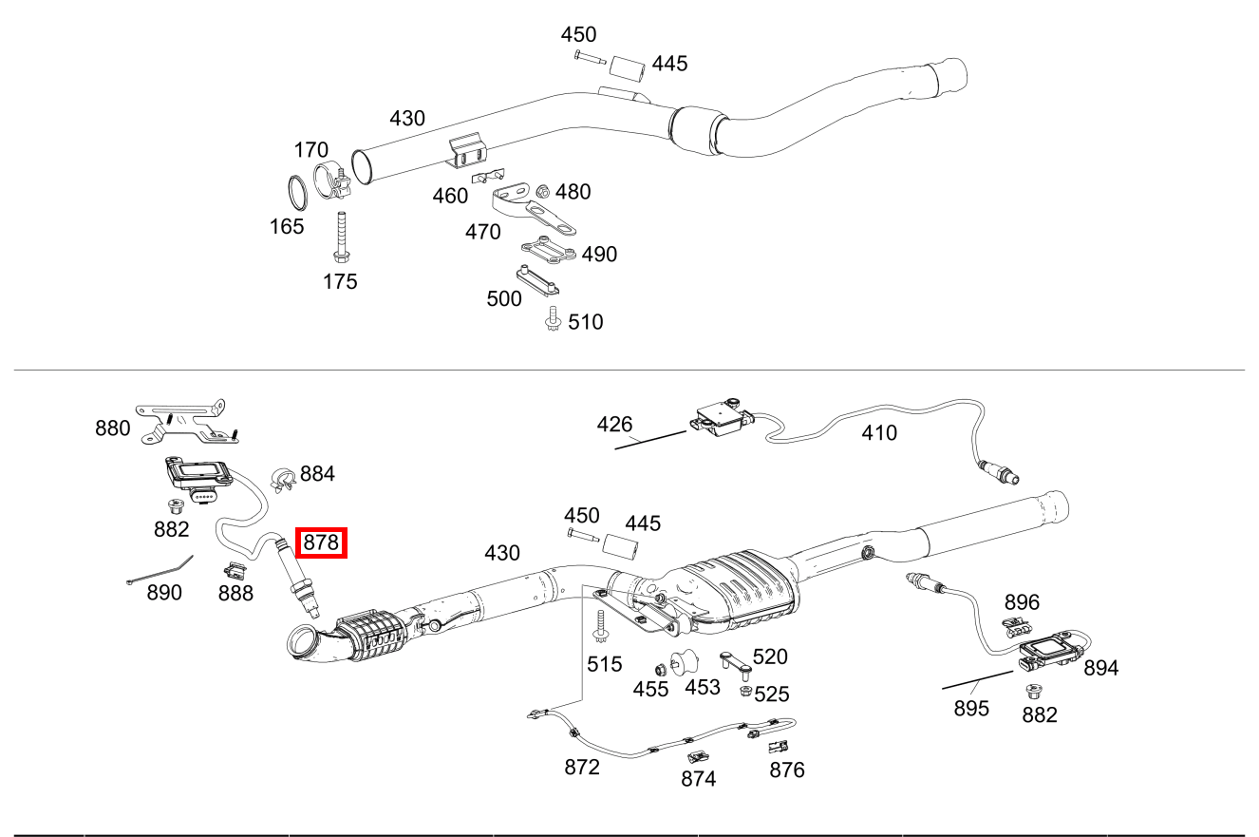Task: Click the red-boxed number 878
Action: tap(322, 543)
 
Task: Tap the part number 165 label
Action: tap(286, 226)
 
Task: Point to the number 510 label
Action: tap(585, 322)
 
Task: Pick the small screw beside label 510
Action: tap(553, 321)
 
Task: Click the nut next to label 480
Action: tap(544, 191)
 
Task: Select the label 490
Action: tap(599, 254)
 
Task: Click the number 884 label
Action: tap(317, 473)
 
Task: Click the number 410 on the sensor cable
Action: tap(878, 433)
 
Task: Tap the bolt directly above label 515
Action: tap(600, 628)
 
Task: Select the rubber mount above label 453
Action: tap(684, 661)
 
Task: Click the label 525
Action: tap(772, 694)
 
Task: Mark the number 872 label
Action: tap(582, 767)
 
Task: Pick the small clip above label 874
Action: tap(696, 757)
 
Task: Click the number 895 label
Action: tap(971, 709)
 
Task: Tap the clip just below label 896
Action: tap(1017, 626)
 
